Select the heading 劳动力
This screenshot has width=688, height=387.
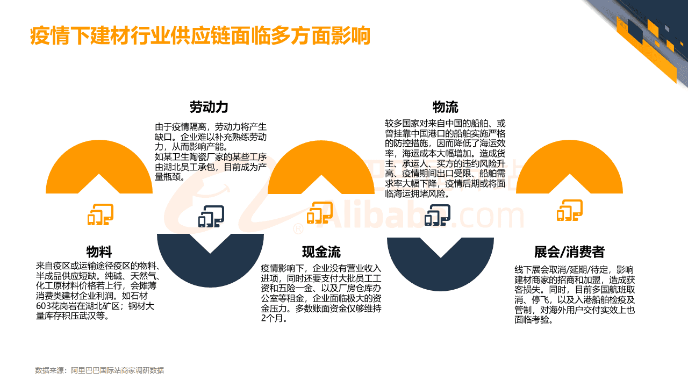tap(209, 107)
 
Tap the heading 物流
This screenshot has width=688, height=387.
tap(446, 107)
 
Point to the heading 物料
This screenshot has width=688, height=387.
tap(99, 252)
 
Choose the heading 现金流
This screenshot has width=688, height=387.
tap(321, 252)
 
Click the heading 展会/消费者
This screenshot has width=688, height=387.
tap(569, 252)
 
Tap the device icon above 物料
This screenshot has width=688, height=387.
tap(100, 214)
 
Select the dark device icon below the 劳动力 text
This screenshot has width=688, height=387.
tap(211, 216)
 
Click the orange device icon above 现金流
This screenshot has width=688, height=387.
tap(320, 212)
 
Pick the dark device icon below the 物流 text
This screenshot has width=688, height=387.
tap(437, 216)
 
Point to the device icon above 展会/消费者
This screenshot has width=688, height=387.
tap(569, 211)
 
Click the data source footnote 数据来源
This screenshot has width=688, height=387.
tap(99, 370)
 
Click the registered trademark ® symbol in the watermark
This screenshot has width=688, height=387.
tap(297, 229)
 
